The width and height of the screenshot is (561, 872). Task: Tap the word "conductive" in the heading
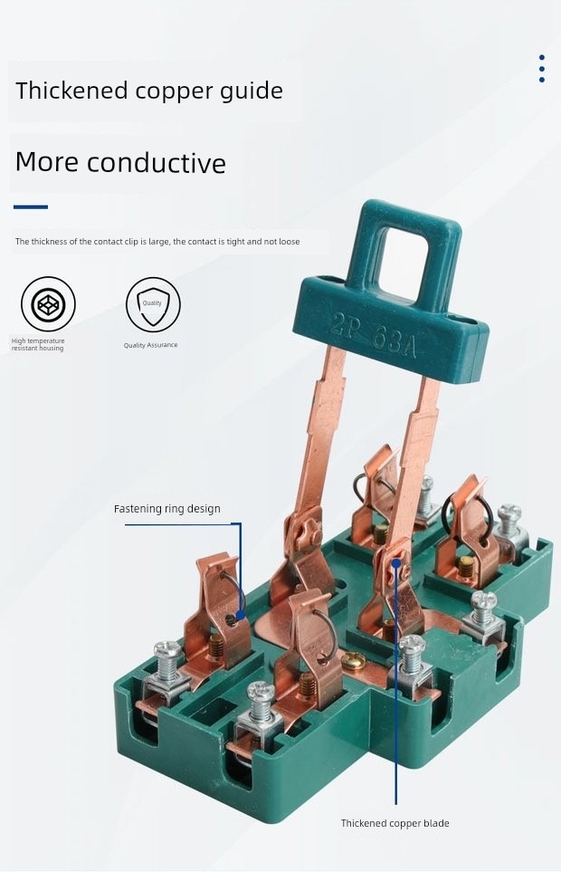156,162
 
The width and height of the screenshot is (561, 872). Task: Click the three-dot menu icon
542,69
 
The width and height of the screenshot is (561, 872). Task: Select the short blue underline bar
31,206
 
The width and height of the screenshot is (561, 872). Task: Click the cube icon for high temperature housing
48,304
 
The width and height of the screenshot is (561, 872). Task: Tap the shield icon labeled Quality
153,305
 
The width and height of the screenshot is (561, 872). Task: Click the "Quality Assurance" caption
150,345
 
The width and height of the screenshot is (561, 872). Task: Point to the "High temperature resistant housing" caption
38,344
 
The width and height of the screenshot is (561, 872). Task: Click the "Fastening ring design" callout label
167,509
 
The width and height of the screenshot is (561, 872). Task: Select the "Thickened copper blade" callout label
395,823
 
